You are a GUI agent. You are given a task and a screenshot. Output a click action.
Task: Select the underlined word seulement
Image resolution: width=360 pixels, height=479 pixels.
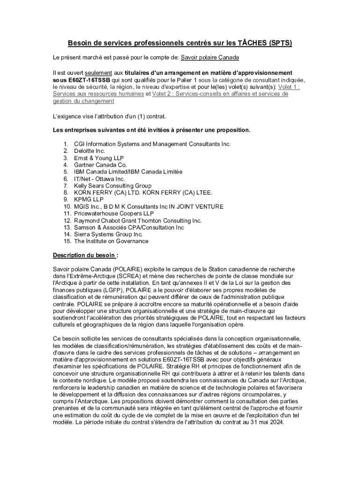click(x=98, y=73)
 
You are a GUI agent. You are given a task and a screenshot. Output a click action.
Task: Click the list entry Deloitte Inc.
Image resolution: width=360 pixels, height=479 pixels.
click(x=90, y=151)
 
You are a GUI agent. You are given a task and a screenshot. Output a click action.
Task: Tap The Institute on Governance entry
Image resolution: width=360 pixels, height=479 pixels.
click(x=111, y=241)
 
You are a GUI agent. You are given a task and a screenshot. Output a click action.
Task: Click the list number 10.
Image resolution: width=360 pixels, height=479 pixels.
click(x=66, y=207)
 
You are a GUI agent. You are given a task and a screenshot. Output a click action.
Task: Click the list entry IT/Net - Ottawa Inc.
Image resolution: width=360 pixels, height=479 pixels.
click(x=100, y=179)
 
